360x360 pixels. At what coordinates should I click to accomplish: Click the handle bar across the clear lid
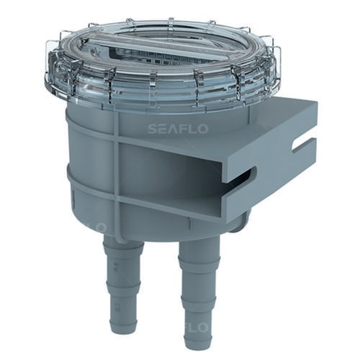coord(173,52)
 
